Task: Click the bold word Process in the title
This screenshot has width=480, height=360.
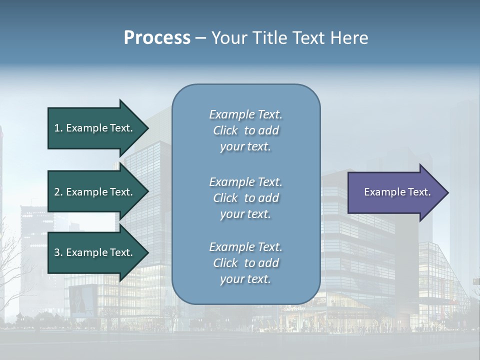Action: pos(157,38)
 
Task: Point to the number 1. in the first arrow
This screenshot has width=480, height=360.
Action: pos(58,128)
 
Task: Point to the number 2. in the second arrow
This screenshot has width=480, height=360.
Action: pos(58,192)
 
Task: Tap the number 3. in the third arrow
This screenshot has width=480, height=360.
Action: pos(58,252)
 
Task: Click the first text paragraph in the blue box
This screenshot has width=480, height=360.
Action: pos(245,130)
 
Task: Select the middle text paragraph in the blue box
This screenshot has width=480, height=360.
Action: pos(245,198)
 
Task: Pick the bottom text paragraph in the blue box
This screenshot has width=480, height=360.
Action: pos(245,263)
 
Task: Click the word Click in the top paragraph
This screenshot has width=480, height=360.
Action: pos(225,130)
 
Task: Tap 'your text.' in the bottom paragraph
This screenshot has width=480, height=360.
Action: pos(245,279)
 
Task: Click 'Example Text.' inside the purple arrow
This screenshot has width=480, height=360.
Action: pos(397,192)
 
